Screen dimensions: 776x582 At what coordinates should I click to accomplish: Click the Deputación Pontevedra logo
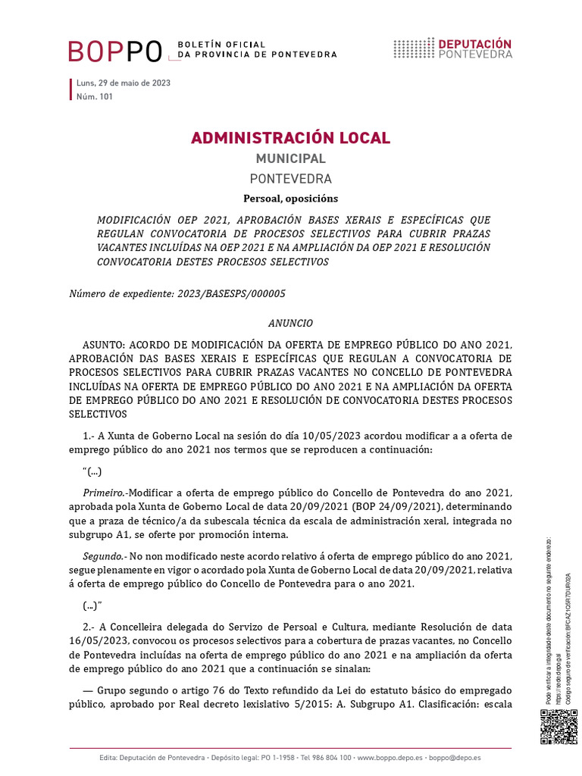tap(452, 48)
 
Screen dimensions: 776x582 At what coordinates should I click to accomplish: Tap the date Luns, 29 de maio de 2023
tap(123, 83)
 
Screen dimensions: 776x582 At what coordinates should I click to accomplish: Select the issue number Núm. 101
tap(95, 96)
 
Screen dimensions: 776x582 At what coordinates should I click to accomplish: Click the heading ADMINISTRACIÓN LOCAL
tap(290, 138)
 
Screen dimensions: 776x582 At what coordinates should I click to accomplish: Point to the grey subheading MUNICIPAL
tap(290, 159)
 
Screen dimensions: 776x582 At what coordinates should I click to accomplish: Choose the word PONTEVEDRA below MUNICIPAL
tap(290, 180)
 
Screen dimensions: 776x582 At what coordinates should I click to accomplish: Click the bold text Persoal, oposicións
tap(290, 199)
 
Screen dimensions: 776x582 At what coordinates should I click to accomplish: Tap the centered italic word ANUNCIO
tap(290, 323)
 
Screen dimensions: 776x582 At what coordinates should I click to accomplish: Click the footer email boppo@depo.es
tap(454, 758)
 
